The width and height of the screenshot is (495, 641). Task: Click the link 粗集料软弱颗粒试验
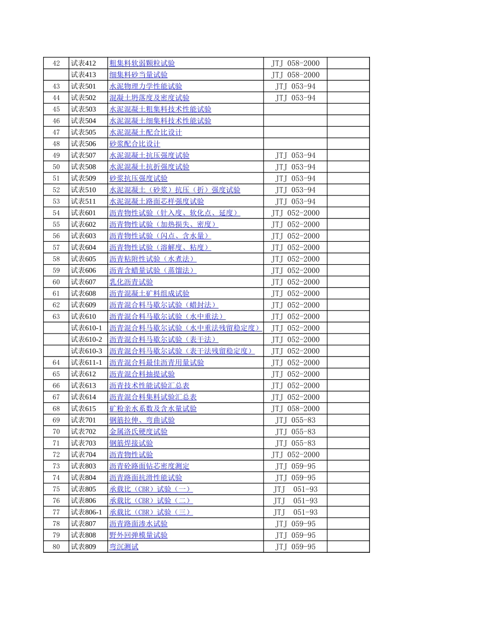coord(142,63)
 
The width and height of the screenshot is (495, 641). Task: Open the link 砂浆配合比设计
coord(134,144)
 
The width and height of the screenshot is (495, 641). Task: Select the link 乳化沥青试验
coord(131,282)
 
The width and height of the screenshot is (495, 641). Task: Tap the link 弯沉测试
coord(123,547)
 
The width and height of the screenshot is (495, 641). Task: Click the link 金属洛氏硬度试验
coord(138,432)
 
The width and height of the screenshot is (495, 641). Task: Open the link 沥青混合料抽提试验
coord(142,374)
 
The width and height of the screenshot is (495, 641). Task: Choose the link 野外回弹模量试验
coord(138,535)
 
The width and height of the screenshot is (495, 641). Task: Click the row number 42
coord(56,63)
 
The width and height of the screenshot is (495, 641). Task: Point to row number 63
coord(56,316)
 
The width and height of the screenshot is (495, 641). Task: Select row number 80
coord(56,547)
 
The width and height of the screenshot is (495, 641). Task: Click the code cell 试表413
coord(83,75)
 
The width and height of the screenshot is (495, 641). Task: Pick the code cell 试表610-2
coord(86,339)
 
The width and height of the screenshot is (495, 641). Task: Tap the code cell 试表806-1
coord(86,512)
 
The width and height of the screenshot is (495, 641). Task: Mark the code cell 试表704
coord(83,454)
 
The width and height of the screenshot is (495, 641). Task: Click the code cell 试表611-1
coord(86,363)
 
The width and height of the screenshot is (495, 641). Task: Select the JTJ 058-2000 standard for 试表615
coord(295,409)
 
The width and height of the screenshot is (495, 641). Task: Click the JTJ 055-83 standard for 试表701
coord(295,420)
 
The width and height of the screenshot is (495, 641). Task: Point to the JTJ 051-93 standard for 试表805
coord(295,489)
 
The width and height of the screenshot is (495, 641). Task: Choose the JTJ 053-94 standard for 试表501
coord(295,87)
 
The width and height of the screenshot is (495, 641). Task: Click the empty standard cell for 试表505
coord(295,132)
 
